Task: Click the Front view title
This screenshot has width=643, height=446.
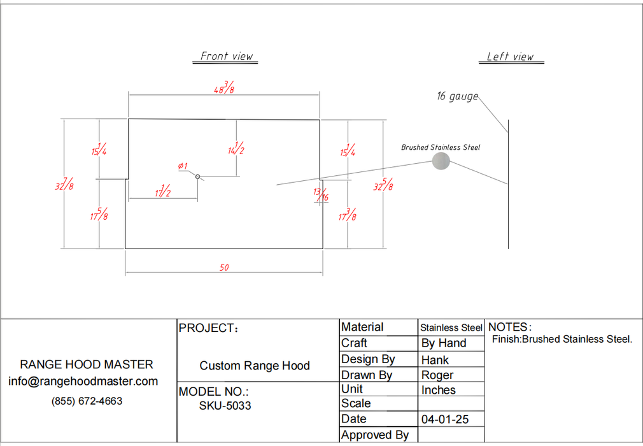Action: (x=227, y=56)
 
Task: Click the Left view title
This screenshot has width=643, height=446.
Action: (x=510, y=57)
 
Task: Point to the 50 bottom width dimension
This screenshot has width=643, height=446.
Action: (x=224, y=268)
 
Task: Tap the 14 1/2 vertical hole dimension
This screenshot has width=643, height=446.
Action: (x=236, y=149)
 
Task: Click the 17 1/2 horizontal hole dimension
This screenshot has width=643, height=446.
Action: (x=162, y=192)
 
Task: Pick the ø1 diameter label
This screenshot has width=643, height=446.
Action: (x=183, y=166)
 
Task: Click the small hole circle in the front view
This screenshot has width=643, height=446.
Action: (x=197, y=176)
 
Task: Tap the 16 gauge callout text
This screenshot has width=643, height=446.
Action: (x=456, y=96)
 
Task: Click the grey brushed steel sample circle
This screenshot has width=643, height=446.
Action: (x=441, y=161)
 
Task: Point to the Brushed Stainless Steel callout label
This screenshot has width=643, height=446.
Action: (x=441, y=147)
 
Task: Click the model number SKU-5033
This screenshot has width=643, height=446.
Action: (x=225, y=405)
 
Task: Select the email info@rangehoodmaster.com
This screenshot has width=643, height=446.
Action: (x=83, y=381)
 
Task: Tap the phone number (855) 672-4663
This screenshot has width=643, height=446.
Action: (x=87, y=401)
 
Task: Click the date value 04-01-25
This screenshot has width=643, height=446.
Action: (x=444, y=420)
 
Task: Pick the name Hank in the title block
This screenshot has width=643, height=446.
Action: (x=435, y=360)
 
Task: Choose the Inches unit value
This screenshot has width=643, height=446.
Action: (x=439, y=390)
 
